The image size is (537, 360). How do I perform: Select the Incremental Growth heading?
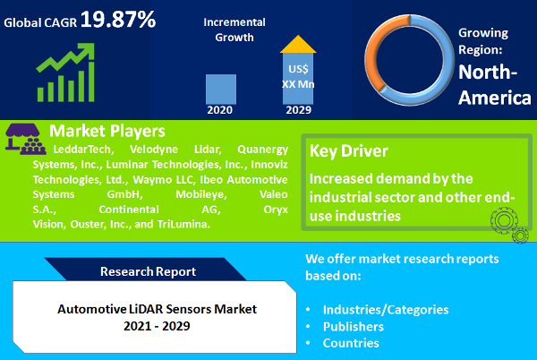(228, 29)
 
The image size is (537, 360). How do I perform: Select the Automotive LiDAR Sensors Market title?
(157, 308)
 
